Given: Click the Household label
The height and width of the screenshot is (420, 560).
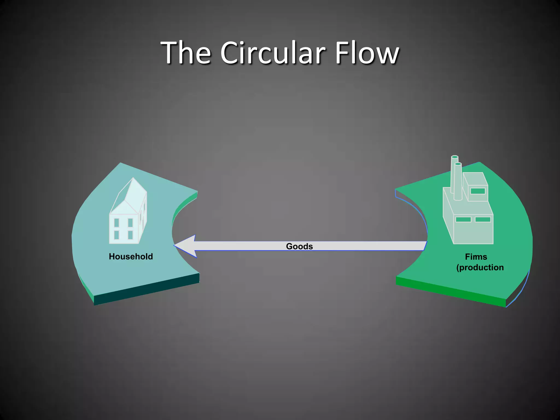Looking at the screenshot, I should tap(131, 256).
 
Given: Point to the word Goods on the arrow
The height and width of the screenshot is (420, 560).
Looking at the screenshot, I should tap(299, 246).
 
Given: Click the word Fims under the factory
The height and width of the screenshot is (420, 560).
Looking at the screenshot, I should tap(476, 257).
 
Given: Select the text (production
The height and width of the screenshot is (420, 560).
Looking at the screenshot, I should tap(480, 267).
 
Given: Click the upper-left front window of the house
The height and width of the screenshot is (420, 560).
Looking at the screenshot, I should tap(116, 223).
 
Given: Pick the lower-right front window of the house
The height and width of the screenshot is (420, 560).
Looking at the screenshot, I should tap(130, 235).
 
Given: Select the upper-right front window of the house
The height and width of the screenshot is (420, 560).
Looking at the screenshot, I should tap(130, 223).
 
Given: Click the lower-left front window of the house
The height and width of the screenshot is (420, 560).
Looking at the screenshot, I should tap(116, 235).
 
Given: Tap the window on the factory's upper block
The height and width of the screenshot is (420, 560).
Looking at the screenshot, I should tap(478, 191).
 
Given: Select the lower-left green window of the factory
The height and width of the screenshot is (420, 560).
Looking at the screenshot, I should tap(463, 219).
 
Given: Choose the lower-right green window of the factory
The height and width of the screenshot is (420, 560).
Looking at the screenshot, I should tap(483, 219).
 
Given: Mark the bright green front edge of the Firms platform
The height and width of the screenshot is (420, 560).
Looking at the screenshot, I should tap(451, 292).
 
